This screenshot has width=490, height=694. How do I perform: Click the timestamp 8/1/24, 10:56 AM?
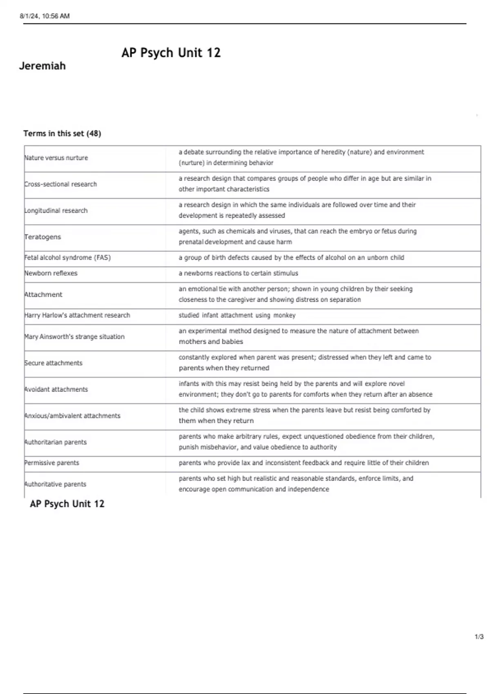tap(45, 16)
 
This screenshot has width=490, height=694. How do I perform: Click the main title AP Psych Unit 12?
tap(171, 53)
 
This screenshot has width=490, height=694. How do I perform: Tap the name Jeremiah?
tap(42, 66)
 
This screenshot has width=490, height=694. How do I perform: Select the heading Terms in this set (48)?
tap(62, 133)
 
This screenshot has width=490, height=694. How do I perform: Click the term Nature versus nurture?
tap(56, 158)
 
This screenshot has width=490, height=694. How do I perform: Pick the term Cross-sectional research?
tap(61, 184)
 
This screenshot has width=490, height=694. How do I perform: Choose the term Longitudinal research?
tap(56, 211)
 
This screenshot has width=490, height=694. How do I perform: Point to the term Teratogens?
tap(43, 237)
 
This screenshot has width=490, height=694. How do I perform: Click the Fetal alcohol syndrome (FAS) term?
tap(68, 258)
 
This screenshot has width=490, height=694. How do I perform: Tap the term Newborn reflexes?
tap(51, 273)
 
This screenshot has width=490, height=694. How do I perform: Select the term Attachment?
tap(44, 294)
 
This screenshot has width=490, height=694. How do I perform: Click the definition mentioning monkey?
tap(237, 315)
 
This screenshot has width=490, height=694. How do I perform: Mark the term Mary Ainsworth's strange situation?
tap(75, 337)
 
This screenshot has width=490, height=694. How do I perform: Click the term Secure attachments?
tap(53, 363)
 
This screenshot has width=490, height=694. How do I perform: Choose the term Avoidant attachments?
tap(56, 389)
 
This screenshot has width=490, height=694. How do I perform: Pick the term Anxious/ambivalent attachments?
tap(73, 416)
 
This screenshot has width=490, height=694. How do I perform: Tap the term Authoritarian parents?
tap(56, 442)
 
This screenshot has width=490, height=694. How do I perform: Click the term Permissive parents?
tap(52, 463)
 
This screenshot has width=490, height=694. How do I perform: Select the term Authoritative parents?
tap(56, 484)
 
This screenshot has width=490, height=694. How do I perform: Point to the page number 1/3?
tap(479, 637)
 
